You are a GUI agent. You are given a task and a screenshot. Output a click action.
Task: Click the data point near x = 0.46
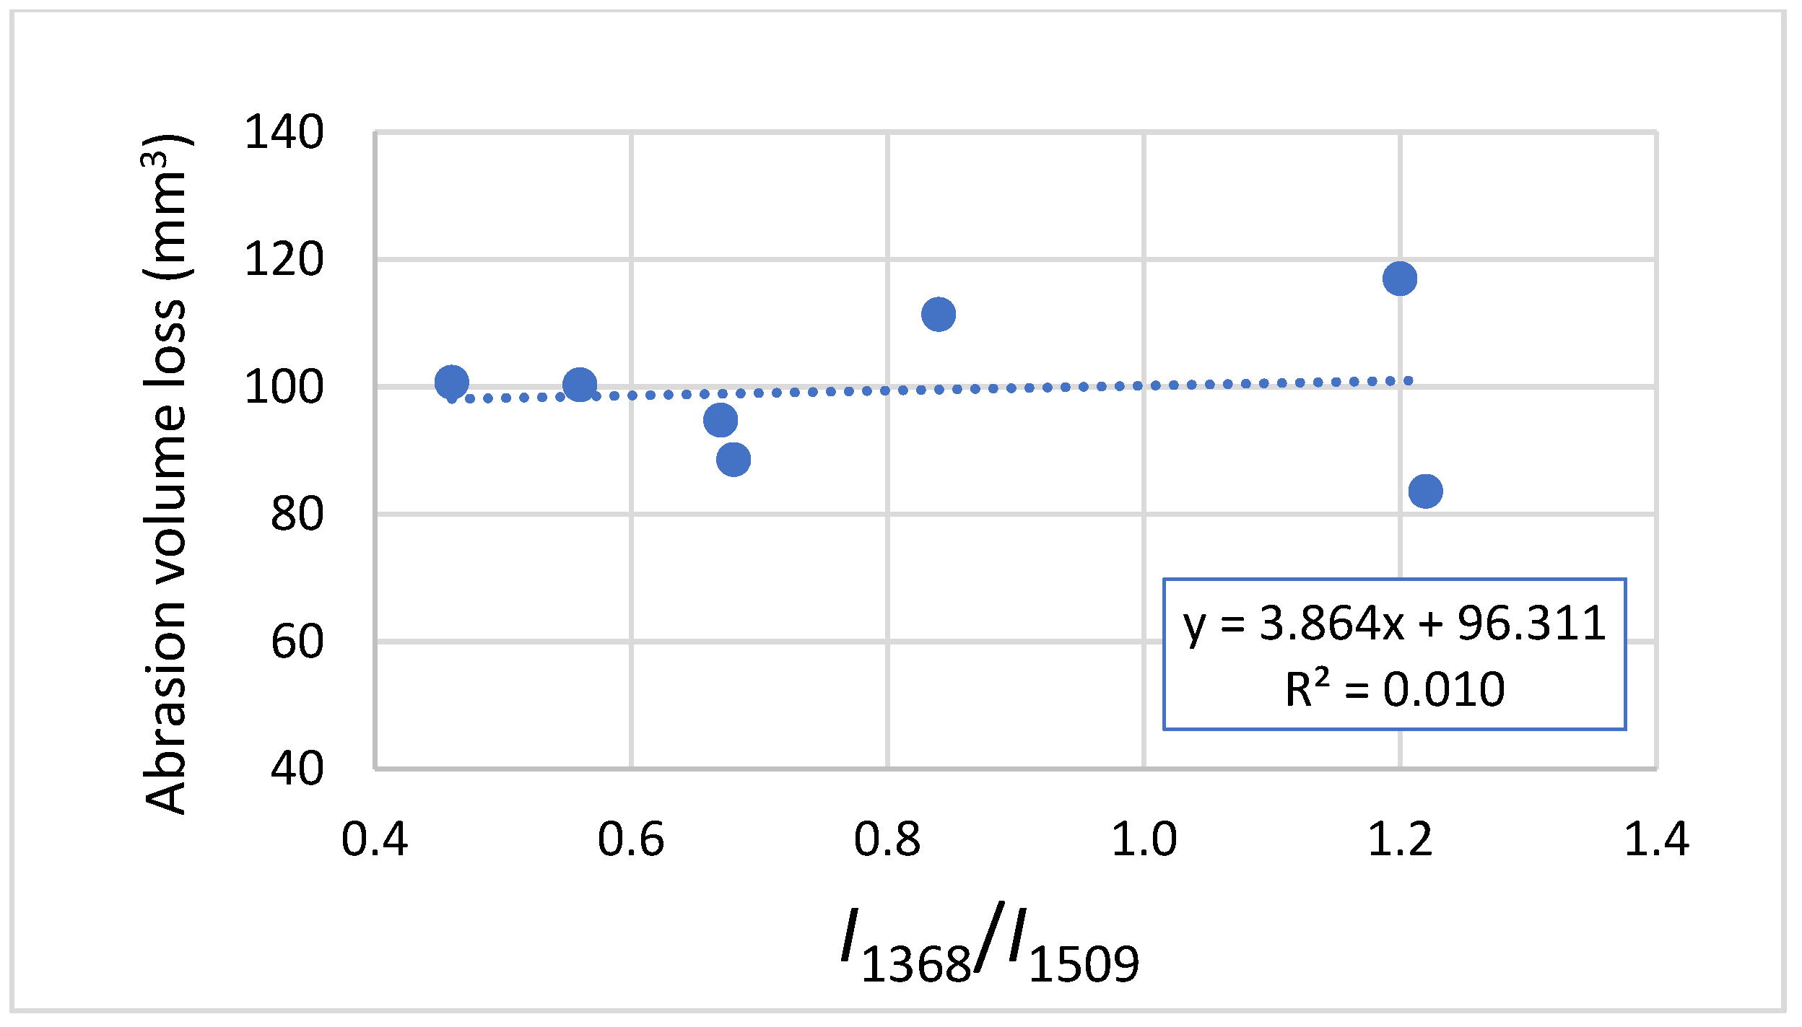[x=452, y=382]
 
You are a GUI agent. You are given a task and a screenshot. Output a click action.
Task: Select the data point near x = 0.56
[x=580, y=385]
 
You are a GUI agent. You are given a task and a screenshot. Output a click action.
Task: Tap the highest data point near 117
[x=1400, y=279]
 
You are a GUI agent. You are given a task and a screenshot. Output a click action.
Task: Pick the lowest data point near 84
[x=1426, y=491]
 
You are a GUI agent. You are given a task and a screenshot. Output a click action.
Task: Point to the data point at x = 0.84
[x=939, y=314]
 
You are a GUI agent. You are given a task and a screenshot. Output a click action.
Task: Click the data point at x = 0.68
[x=734, y=460]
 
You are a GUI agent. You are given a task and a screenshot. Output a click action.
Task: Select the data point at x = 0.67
[x=721, y=420]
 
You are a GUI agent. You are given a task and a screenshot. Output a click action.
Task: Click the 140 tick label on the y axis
[x=284, y=133]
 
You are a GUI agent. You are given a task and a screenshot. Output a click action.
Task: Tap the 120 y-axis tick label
[x=284, y=260]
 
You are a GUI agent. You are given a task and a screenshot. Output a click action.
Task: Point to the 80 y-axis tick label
[x=297, y=515]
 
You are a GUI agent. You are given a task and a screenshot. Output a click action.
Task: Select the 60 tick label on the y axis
[x=297, y=642]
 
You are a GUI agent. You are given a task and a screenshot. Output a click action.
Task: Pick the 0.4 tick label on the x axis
[x=375, y=840]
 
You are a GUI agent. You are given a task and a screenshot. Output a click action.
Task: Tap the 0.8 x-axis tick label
[x=887, y=840]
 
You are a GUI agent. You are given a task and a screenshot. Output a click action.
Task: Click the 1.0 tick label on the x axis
[x=1144, y=840]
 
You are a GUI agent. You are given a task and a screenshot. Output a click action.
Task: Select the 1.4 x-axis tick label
[x=1657, y=840]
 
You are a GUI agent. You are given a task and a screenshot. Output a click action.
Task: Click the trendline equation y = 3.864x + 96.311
[x=1394, y=623]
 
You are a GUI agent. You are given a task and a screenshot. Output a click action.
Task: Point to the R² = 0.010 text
[x=1394, y=689]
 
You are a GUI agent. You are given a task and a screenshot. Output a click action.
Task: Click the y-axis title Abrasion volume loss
[x=166, y=474]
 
